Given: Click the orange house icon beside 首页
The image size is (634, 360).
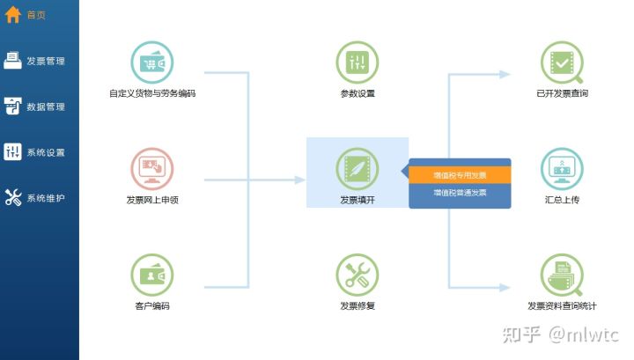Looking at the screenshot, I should click(13, 15).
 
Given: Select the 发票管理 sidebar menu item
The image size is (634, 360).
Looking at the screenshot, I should click(35, 61).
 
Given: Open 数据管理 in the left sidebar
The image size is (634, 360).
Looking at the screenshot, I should click(35, 107).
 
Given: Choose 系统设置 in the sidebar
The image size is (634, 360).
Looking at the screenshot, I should click(35, 152).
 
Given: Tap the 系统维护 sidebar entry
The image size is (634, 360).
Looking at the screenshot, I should click(35, 198).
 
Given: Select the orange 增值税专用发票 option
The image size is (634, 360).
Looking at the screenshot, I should click(460, 175).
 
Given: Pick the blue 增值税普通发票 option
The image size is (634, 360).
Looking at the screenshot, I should click(460, 192).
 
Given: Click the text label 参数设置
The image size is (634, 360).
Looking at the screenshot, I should click(358, 93).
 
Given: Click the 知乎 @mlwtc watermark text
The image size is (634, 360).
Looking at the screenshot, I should click(560, 334).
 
